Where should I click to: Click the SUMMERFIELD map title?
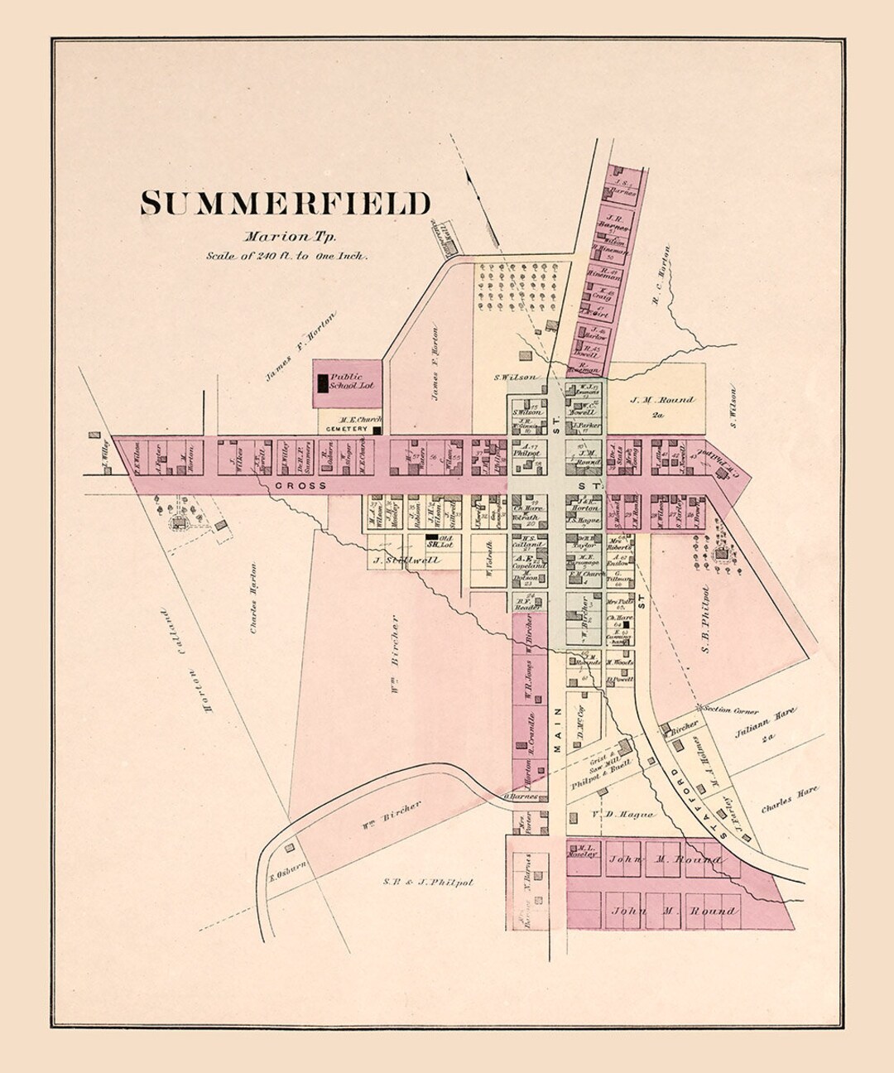pyautogui.click(x=285, y=204)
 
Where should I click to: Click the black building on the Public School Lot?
pyautogui.click(x=323, y=383)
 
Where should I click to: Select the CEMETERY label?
pyautogui.click(x=345, y=430)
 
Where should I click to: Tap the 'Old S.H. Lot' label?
pyautogui.click(x=437, y=543)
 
